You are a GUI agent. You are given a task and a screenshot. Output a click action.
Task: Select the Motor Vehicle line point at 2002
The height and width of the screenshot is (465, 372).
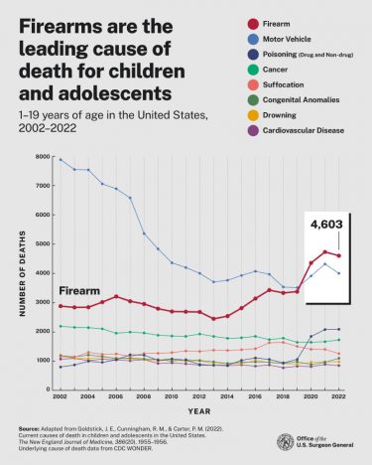tap(61, 159)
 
